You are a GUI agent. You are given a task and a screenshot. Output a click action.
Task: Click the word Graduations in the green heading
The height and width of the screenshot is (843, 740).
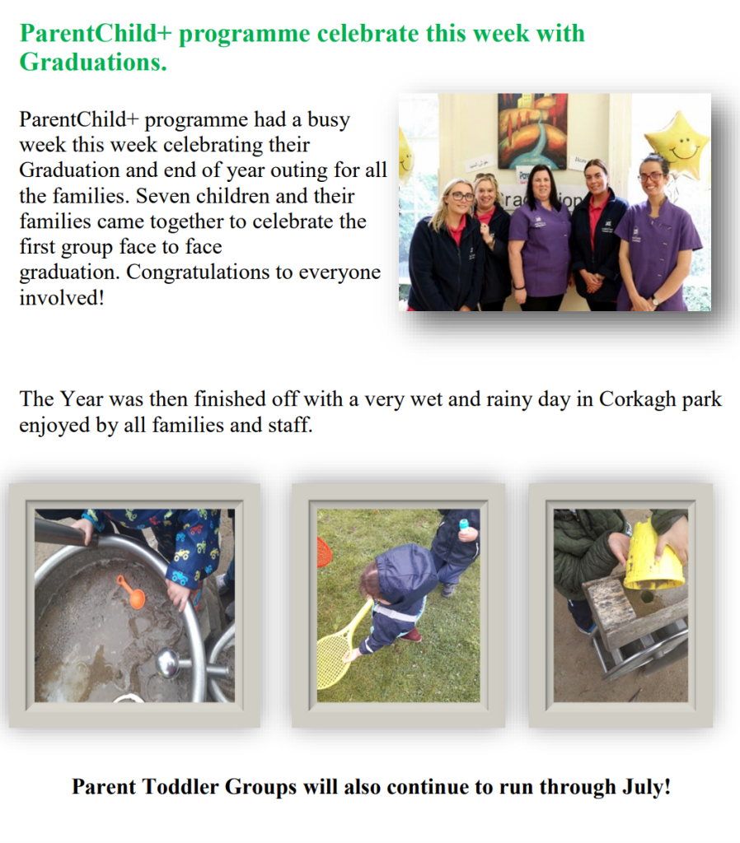point(92,62)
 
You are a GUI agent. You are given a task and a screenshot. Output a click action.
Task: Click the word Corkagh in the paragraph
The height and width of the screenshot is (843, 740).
point(635,400)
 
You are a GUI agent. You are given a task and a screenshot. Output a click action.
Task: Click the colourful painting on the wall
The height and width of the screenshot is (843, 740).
point(532,130)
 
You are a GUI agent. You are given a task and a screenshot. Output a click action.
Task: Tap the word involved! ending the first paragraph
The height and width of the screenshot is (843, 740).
point(62,297)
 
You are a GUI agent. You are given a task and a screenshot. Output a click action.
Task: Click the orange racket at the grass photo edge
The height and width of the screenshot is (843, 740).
point(324,552)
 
